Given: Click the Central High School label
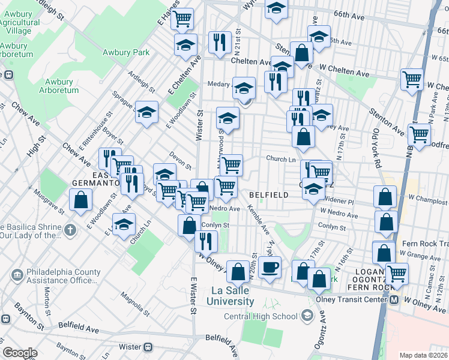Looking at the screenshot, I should [261, 316].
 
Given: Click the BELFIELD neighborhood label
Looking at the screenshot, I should [265, 195].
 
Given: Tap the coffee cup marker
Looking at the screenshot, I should [270, 268].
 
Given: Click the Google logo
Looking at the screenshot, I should [19, 353].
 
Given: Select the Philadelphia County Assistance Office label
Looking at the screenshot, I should [61, 276].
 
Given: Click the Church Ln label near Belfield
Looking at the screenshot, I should [281, 160].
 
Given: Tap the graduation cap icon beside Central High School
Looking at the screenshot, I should [307, 315].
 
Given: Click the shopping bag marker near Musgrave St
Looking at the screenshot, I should [80, 200].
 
